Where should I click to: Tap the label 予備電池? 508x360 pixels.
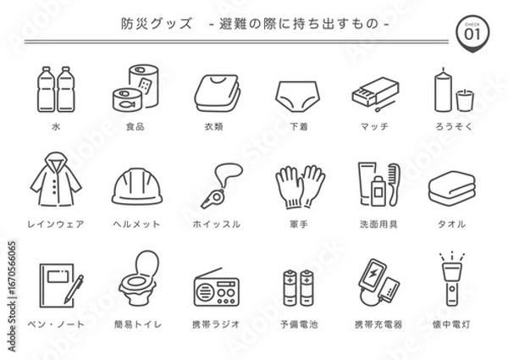pos(300,324)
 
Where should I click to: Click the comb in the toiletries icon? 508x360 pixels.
pos(391,180)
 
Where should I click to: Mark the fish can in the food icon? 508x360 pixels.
pos(124,99)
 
